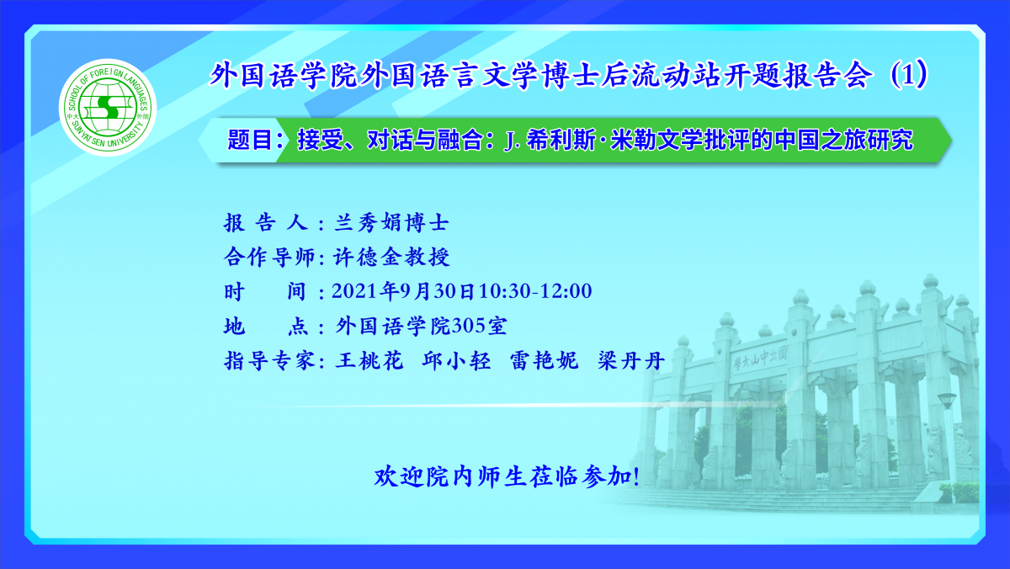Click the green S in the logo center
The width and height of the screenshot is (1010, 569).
108,107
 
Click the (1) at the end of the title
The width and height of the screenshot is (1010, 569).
908,74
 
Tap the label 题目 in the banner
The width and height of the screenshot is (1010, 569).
250,140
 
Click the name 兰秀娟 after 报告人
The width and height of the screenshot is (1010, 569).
369,223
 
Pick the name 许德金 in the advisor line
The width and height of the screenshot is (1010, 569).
368,257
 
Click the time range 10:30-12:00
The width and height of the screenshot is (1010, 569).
535,291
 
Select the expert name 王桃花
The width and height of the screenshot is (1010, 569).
369,361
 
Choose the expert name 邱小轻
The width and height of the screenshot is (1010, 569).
456,361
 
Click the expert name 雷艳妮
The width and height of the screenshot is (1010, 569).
544,361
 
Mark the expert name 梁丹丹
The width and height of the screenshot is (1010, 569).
631,361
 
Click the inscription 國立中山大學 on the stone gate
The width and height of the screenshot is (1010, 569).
760,359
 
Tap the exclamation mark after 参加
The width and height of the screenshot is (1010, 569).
636,477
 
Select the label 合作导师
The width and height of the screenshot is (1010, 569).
269,257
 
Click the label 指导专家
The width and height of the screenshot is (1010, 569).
269,361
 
